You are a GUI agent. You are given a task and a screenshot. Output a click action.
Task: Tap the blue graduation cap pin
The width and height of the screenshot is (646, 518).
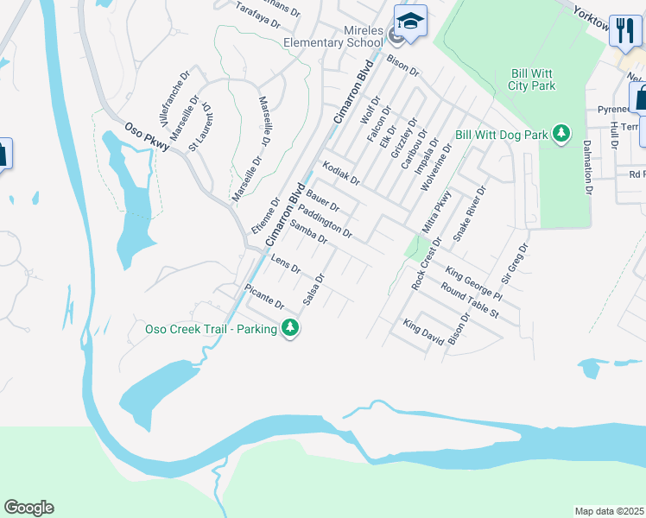(x=411, y=22)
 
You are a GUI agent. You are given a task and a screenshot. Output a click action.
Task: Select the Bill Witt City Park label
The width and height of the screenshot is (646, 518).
(x=531, y=79)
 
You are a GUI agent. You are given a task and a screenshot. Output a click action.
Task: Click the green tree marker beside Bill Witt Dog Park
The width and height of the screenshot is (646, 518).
(x=562, y=134)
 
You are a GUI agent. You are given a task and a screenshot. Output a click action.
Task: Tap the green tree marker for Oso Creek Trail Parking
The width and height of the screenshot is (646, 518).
(x=291, y=328)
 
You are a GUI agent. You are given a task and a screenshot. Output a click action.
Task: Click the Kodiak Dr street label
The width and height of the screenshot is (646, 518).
(x=340, y=172)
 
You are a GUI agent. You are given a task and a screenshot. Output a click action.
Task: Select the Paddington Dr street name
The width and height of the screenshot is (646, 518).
(x=325, y=221)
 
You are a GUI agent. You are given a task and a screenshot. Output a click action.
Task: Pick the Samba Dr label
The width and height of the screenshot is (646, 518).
(x=307, y=232)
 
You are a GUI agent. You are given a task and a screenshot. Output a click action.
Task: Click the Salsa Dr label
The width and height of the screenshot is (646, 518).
(x=313, y=290)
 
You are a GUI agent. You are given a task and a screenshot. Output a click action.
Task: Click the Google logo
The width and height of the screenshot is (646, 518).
(x=28, y=507)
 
